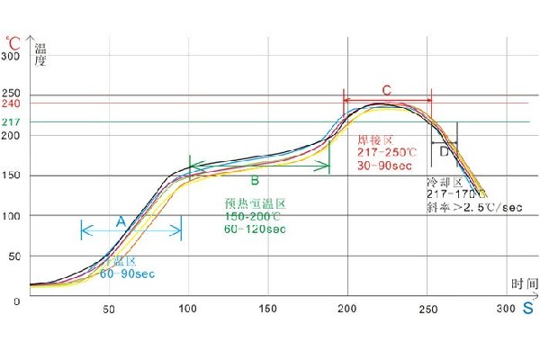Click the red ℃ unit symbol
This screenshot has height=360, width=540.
(x=13, y=42)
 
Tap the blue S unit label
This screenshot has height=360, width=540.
(x=526, y=309)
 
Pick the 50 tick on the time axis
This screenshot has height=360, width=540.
(x=109, y=310)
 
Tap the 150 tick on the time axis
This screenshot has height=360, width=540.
(x=267, y=310)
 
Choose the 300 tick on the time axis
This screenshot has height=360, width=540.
(x=506, y=310)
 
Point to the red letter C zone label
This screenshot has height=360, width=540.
(x=386, y=90)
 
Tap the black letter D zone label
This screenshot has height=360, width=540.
(x=444, y=153)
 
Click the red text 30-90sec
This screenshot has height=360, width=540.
(x=383, y=166)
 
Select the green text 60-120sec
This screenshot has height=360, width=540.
(x=256, y=229)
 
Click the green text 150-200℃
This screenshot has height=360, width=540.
(x=256, y=217)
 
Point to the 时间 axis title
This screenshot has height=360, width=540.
(x=524, y=283)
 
